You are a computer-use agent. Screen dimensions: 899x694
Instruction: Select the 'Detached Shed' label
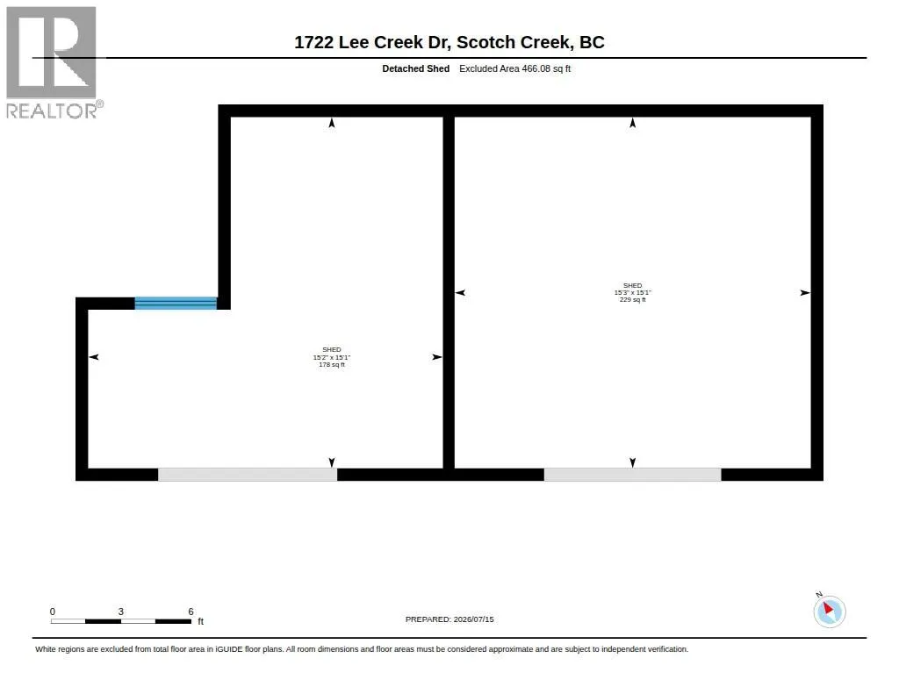(x=415, y=68)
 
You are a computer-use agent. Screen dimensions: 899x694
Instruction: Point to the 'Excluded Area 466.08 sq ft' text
(x=514, y=68)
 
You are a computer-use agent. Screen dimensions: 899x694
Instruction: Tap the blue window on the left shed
(x=176, y=304)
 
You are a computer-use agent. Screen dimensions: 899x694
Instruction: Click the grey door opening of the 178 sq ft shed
(x=247, y=475)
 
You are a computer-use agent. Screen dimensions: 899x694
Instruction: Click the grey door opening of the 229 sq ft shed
(x=632, y=475)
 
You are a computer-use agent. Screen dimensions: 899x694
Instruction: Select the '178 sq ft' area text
(x=332, y=364)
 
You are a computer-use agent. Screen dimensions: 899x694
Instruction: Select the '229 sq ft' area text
(x=632, y=300)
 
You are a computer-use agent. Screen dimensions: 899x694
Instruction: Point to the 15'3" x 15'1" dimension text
(x=632, y=292)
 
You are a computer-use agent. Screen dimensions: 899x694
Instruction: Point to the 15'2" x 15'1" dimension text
(x=331, y=357)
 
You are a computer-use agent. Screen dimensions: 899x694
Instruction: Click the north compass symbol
(x=829, y=611)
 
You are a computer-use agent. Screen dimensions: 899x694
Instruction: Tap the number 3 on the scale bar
(x=121, y=612)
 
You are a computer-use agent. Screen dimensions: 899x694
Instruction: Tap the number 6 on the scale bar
(x=191, y=612)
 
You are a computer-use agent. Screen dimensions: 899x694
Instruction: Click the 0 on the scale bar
(x=52, y=612)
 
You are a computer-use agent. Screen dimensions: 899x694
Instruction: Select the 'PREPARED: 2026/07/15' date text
(x=449, y=619)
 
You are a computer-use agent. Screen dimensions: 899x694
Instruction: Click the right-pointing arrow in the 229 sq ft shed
(x=805, y=293)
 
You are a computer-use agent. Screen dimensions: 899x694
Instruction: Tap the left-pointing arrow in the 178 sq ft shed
(x=94, y=357)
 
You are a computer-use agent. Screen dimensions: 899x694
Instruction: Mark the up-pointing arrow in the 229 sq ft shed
(x=632, y=123)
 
